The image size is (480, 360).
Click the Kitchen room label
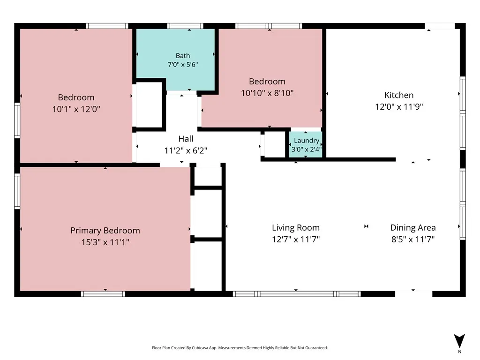pos(399,95)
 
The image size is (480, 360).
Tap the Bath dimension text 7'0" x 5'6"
pos(183,65)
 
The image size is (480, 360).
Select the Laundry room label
pos(307,141)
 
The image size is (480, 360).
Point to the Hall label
pos(186,139)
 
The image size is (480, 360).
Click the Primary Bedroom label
pos(105,231)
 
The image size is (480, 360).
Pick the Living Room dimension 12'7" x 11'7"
pos(296,239)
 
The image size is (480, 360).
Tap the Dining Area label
pos(413,228)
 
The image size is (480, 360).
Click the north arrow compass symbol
pos(459,341)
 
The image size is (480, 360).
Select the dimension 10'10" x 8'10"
pos(267,93)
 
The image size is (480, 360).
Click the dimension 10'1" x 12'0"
pos(76,109)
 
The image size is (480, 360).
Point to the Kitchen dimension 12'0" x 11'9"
pos(399,106)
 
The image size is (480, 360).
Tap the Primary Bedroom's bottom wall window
pos(103,294)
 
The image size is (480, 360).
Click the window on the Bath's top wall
pos(185,26)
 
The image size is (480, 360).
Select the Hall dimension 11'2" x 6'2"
pos(186,150)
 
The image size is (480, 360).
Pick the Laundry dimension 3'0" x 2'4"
pos(307,150)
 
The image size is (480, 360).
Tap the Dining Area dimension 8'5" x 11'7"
pos(413,239)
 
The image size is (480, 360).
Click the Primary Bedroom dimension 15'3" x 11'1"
pos(105,242)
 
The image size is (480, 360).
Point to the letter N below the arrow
pos(459,352)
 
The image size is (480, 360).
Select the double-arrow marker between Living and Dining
pos(366,226)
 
